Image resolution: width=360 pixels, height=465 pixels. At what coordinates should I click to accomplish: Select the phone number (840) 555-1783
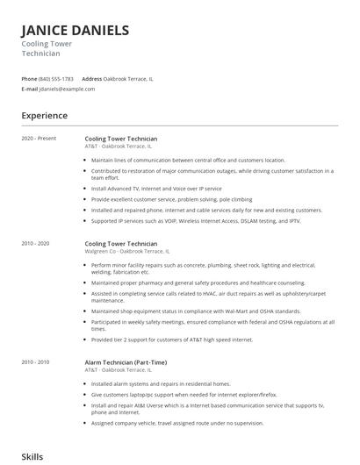(x=57, y=79)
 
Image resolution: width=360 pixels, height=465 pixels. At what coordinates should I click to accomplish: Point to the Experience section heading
(x=45, y=115)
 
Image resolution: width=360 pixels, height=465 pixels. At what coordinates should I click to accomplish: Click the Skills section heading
(x=32, y=457)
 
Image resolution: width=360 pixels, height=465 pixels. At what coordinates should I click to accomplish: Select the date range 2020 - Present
(x=39, y=139)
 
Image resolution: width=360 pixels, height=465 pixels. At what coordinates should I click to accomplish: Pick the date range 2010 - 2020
(x=36, y=243)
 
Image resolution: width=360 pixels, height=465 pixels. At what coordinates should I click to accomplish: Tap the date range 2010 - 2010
(x=36, y=361)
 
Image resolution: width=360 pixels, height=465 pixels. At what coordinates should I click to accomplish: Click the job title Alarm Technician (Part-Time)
(x=126, y=361)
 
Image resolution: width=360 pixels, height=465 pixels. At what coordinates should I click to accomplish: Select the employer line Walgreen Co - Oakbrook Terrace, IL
(x=127, y=251)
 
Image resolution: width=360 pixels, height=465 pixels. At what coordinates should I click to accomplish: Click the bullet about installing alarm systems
(x=160, y=383)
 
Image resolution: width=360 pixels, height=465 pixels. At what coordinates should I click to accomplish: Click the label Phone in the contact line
(x=30, y=79)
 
